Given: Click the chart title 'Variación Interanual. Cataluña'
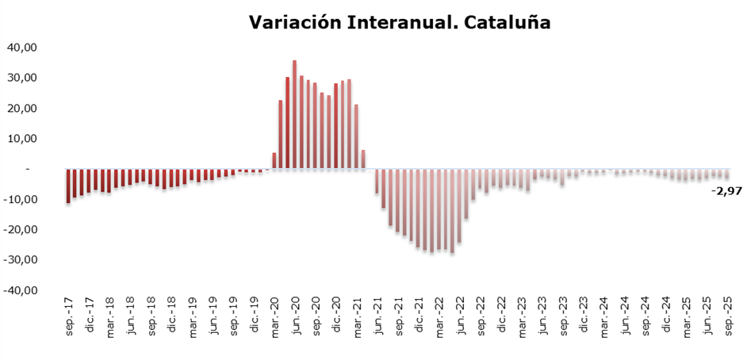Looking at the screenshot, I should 400,23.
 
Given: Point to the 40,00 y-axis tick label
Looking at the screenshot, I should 22,48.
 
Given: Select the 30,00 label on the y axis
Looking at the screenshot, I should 22,78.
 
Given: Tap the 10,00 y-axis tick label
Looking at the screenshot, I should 22,139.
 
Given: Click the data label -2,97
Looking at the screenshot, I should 726,191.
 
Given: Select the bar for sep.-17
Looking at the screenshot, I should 68,186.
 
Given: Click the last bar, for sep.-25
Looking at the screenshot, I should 727,174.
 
